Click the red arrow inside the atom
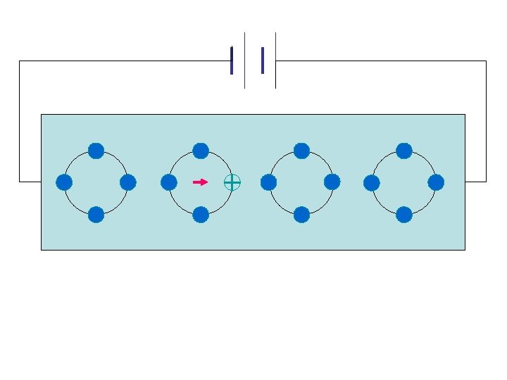pos(200,182)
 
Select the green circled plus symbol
pos(232,182)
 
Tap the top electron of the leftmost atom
pos(96,151)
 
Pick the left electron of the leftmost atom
pos(64,182)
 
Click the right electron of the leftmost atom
pos(127,182)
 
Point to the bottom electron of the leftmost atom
pos(96,215)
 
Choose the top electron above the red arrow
pos(201,151)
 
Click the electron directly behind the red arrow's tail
pos(168,182)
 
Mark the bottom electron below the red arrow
pos(201,215)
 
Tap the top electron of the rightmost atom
pos(404,151)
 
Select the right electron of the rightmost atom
pos(436,182)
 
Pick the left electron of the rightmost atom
pos(372,182)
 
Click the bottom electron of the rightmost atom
pos(404,215)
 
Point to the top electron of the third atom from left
pos(301,151)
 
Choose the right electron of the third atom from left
pos(332,182)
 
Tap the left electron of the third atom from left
pos(268,182)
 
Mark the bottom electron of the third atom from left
pos(301,215)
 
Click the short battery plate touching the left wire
pos(231,61)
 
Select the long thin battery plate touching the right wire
pos(275,61)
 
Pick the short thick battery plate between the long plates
pos(262,61)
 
